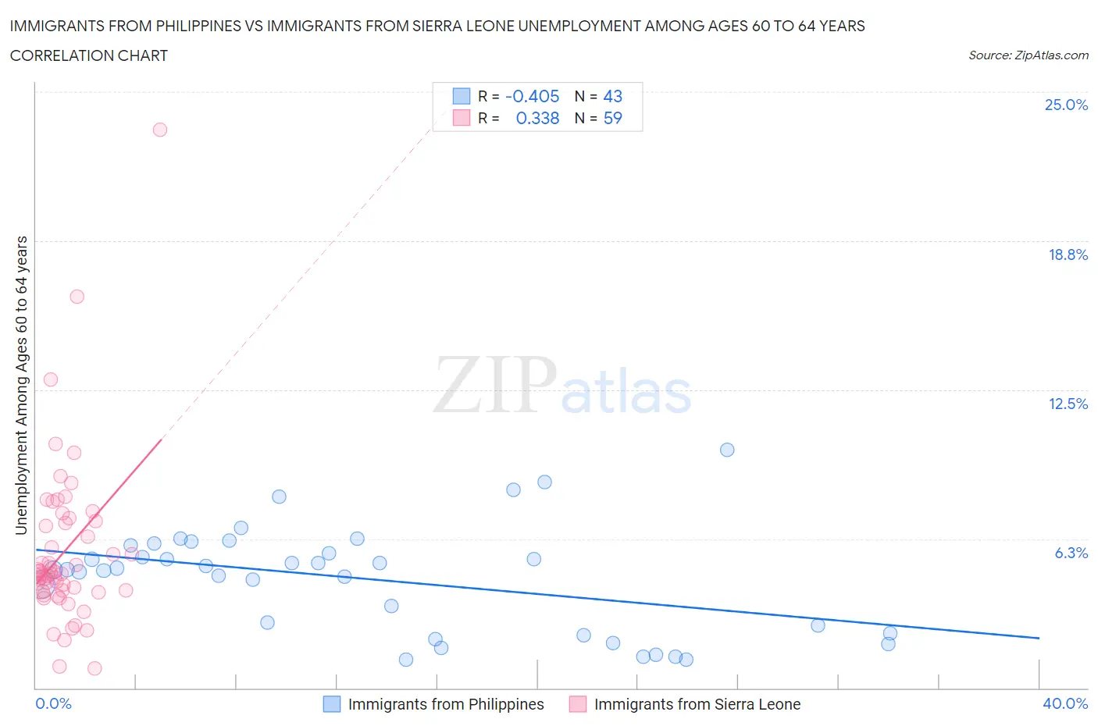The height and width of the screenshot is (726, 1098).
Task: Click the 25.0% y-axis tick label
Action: click(x=1066, y=105)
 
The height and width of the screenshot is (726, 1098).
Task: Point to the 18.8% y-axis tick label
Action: click(x=1068, y=254)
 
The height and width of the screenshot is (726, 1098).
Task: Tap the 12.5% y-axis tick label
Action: click(x=1068, y=404)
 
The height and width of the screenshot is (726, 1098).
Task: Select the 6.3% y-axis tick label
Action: click(x=1071, y=553)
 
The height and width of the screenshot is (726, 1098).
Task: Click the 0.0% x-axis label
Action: click(x=53, y=703)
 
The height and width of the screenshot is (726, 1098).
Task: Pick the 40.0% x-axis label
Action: click(x=1065, y=703)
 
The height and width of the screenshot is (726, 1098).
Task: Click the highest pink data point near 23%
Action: click(x=160, y=130)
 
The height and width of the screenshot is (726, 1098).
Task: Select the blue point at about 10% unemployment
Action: click(x=727, y=450)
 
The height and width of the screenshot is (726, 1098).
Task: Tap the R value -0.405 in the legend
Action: click(x=532, y=96)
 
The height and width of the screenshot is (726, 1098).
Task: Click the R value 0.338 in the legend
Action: click(x=537, y=118)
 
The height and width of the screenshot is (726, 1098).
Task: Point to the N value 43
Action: click(x=612, y=96)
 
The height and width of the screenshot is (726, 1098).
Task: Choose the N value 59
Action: click(x=612, y=118)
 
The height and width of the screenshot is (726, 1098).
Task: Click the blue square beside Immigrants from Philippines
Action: click(x=332, y=704)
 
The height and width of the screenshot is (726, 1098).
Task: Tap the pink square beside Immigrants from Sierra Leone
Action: click(x=578, y=704)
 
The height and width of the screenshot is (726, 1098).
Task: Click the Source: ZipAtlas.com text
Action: click(x=1028, y=55)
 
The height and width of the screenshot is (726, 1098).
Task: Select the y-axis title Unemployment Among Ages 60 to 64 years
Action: click(x=21, y=386)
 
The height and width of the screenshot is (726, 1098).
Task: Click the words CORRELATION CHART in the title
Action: click(x=89, y=55)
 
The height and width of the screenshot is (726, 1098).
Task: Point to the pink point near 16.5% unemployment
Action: click(x=77, y=297)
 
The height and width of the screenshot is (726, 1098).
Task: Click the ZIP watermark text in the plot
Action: click(x=495, y=384)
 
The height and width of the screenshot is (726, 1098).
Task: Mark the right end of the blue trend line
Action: click(x=1039, y=638)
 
